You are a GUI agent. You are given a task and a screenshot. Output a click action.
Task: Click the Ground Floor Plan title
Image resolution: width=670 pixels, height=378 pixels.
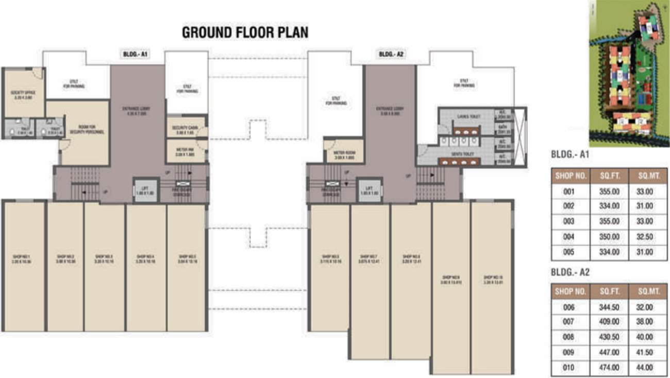[245, 32]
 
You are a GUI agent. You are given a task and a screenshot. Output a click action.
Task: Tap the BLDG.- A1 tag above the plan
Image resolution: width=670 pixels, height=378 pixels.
[136, 54]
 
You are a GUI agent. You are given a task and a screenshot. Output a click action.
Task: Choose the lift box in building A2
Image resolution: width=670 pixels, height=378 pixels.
[369, 190]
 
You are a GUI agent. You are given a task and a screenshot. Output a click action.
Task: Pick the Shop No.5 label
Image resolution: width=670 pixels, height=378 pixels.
[187, 258]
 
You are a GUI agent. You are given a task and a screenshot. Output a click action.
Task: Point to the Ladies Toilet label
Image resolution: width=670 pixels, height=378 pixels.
[468, 117]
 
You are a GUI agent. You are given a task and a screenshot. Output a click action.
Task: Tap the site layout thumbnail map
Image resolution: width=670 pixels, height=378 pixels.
[628, 73]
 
